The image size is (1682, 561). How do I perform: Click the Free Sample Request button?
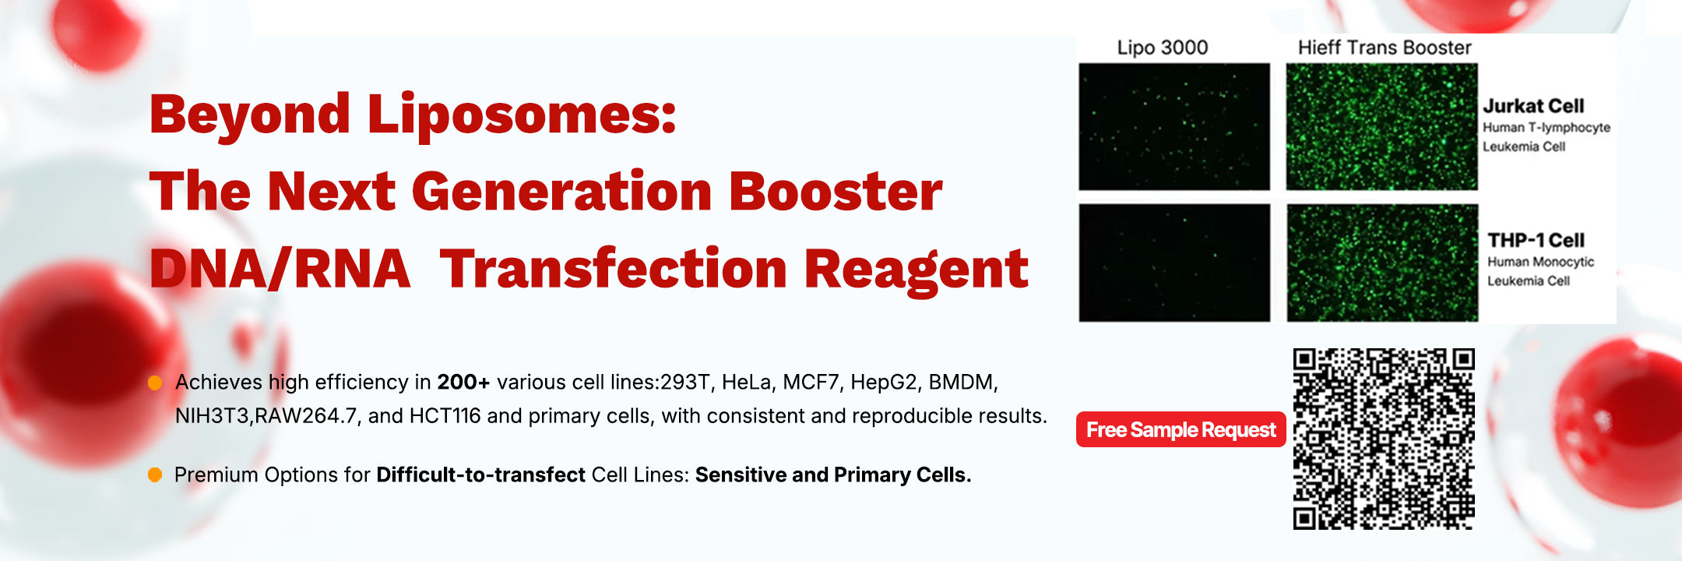(x=1181, y=429)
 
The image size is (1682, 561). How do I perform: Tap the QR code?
(x=1384, y=439)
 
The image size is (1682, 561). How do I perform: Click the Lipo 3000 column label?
(x=1163, y=48)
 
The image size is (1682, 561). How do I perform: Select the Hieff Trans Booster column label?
(x=1385, y=48)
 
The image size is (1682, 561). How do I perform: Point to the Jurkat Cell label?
(x=1533, y=106)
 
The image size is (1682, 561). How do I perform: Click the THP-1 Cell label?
(x=1536, y=240)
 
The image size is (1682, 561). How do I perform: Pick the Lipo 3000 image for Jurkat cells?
(x=1174, y=127)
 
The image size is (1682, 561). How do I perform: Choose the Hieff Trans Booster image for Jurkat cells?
(x=1381, y=127)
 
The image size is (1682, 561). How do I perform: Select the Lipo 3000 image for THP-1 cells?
(x=1174, y=263)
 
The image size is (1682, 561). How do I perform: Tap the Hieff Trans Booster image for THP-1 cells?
(x=1382, y=263)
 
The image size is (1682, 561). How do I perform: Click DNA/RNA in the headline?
(x=280, y=269)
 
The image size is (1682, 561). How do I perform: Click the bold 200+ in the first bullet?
(x=463, y=382)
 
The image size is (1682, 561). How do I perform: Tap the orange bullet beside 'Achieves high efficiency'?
(x=155, y=383)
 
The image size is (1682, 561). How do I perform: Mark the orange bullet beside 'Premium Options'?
(x=155, y=475)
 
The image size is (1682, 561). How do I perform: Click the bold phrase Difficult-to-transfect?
(x=480, y=475)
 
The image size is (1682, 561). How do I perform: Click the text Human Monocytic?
(x=1540, y=262)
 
